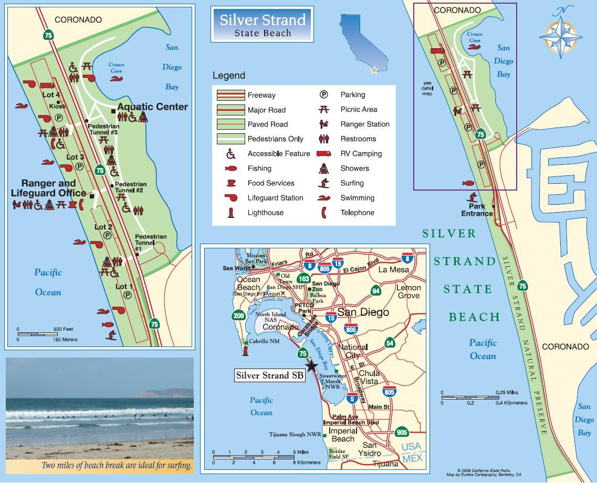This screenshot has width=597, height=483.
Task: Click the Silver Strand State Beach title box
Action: pyautogui.click(x=262, y=24)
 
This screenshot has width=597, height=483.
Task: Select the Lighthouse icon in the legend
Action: pyautogui.click(x=230, y=213)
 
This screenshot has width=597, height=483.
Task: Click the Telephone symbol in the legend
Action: pyautogui.click(x=324, y=213)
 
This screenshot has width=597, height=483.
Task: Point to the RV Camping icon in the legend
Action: pyautogui.click(x=324, y=154)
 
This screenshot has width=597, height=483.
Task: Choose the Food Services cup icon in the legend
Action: pyautogui.click(x=230, y=183)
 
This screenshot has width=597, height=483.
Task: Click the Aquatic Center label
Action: pyautogui.click(x=152, y=107)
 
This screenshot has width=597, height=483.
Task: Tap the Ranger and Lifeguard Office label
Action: pyautogui.click(x=48, y=188)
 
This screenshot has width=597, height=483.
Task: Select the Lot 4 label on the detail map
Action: pyautogui.click(x=51, y=94)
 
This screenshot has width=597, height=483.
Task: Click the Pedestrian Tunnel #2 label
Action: pyautogui.click(x=130, y=187)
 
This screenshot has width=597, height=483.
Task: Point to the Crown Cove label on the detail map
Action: pyautogui.click(x=116, y=68)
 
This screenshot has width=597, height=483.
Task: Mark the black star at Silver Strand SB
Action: pyautogui.click(x=311, y=365)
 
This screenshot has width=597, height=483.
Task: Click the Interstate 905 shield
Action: pyautogui.click(x=402, y=432)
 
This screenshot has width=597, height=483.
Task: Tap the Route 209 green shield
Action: pyautogui.click(x=239, y=316)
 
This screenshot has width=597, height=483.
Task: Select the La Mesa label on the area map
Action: pyautogui.click(x=393, y=269)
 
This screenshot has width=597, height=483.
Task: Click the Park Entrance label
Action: pyautogui.click(x=477, y=210)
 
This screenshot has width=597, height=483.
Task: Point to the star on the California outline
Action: pyautogui.click(x=374, y=70)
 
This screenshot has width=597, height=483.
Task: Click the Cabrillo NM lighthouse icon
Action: pyautogui.click(x=245, y=349)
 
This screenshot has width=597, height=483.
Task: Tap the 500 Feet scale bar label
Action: pyautogui.click(x=63, y=329)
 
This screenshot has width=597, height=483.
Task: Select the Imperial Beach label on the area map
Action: pyautogui.click(x=343, y=435)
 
